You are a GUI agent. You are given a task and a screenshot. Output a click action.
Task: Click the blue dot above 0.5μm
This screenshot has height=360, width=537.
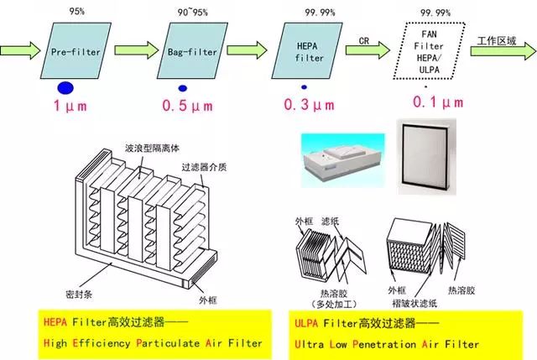(182, 86)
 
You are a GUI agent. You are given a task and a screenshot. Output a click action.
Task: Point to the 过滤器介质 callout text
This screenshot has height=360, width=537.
(206, 166)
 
